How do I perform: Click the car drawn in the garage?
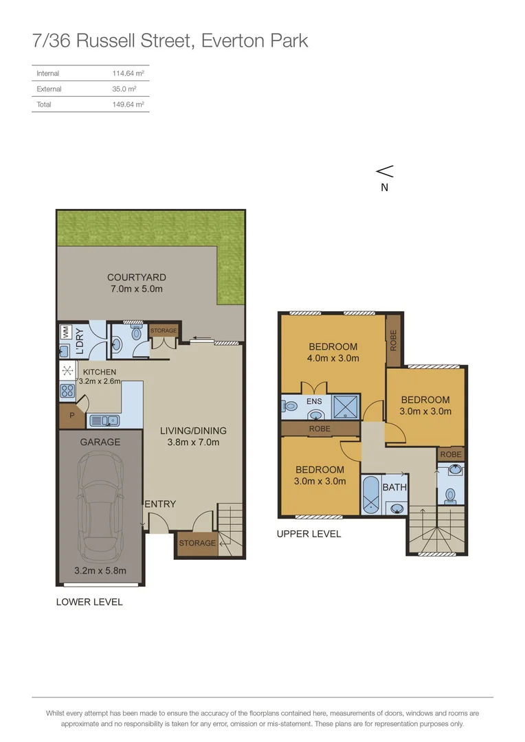pos(100,508)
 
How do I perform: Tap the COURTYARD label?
pos(136,278)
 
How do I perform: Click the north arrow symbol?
pos(385,171)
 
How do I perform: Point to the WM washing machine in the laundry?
pos(65,332)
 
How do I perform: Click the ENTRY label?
pos(160,504)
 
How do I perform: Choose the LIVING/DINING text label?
pos(193,431)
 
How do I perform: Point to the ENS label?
pos(314,401)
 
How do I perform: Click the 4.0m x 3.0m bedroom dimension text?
pos(333,358)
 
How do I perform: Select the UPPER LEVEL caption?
pos(309,534)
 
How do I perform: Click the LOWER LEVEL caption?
pos(89,602)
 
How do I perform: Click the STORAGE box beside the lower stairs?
pos(197,543)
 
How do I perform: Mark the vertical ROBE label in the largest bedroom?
pos(394,340)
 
